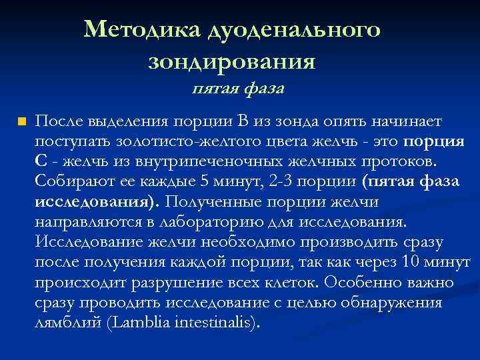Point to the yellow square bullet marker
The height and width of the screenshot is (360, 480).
22,122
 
